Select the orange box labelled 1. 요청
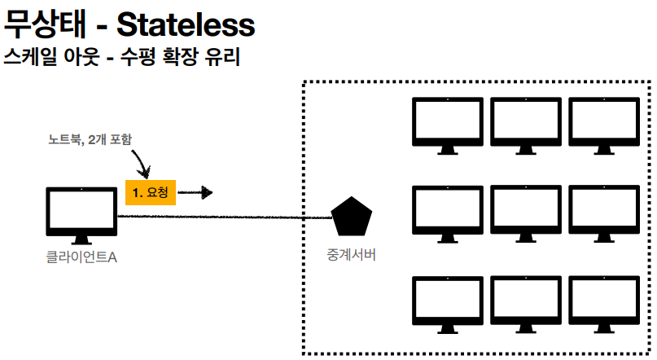(x=150, y=192)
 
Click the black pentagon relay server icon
(x=352, y=217)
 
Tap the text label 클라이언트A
(x=81, y=258)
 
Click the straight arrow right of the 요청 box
(x=196, y=193)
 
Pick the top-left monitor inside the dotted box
(x=447, y=122)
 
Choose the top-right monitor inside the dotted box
(x=604, y=122)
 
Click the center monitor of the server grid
(x=525, y=212)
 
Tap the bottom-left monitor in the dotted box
(x=447, y=303)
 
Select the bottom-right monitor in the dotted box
(x=604, y=303)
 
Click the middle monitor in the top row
(x=525, y=122)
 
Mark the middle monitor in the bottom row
(x=525, y=303)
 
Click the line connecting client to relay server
(x=228, y=217)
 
